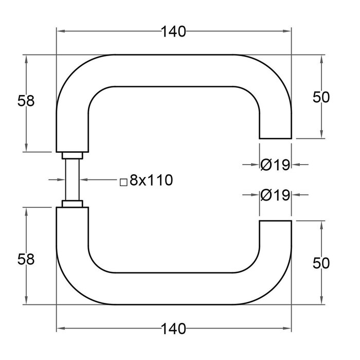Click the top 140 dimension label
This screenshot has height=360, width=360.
tap(173, 32)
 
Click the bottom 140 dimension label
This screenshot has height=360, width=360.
tap(173, 328)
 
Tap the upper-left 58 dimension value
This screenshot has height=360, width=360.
tap(26, 101)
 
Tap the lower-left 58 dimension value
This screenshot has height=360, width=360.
tap(26, 260)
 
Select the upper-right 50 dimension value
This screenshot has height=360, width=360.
tap(320, 97)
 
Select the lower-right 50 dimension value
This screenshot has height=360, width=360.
tap(320, 263)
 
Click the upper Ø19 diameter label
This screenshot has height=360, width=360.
tap(276, 165)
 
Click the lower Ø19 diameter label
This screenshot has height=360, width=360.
tap(276, 195)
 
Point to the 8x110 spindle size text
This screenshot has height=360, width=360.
tap(150, 180)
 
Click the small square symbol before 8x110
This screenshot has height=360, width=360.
tap(123, 182)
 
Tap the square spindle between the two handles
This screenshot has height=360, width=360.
tap(71, 180)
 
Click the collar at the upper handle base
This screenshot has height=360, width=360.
tap(71, 155)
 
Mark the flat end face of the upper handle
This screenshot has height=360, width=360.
tap(275, 138)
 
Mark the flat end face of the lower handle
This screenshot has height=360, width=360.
tap(275, 221)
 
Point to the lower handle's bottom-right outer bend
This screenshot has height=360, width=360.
tap(278, 291)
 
